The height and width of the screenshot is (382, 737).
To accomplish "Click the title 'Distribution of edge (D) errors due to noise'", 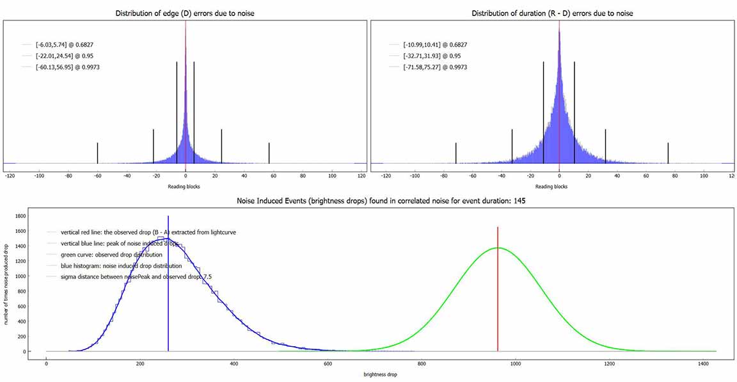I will point(185,13).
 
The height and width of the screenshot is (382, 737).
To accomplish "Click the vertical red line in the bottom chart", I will point(498,288).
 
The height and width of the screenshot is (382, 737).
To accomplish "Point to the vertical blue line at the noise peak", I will point(168,288).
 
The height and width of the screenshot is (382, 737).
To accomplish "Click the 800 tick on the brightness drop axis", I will point(421,363).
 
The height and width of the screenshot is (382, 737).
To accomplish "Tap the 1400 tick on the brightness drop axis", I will point(702,363).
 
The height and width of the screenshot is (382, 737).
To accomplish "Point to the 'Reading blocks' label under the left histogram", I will point(185,187).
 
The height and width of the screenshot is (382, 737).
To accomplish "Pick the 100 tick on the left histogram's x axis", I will point(331,175).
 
